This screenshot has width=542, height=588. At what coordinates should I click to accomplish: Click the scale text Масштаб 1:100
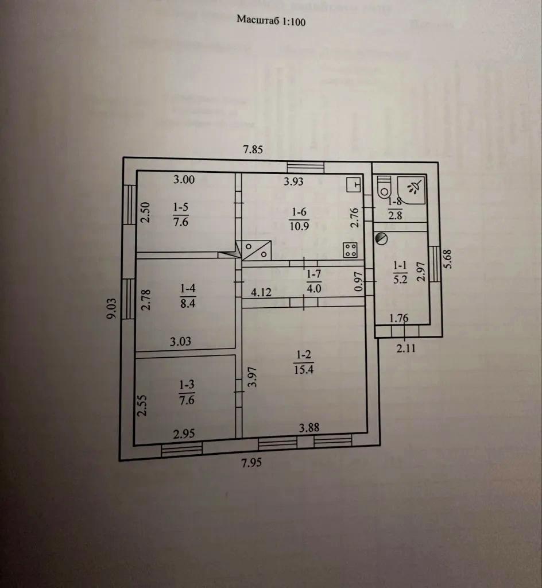(271, 21)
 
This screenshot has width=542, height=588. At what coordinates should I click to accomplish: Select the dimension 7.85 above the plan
(253, 150)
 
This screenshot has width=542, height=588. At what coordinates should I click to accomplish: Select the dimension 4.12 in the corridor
(260, 292)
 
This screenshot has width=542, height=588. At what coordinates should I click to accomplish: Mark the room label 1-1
(400, 265)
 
